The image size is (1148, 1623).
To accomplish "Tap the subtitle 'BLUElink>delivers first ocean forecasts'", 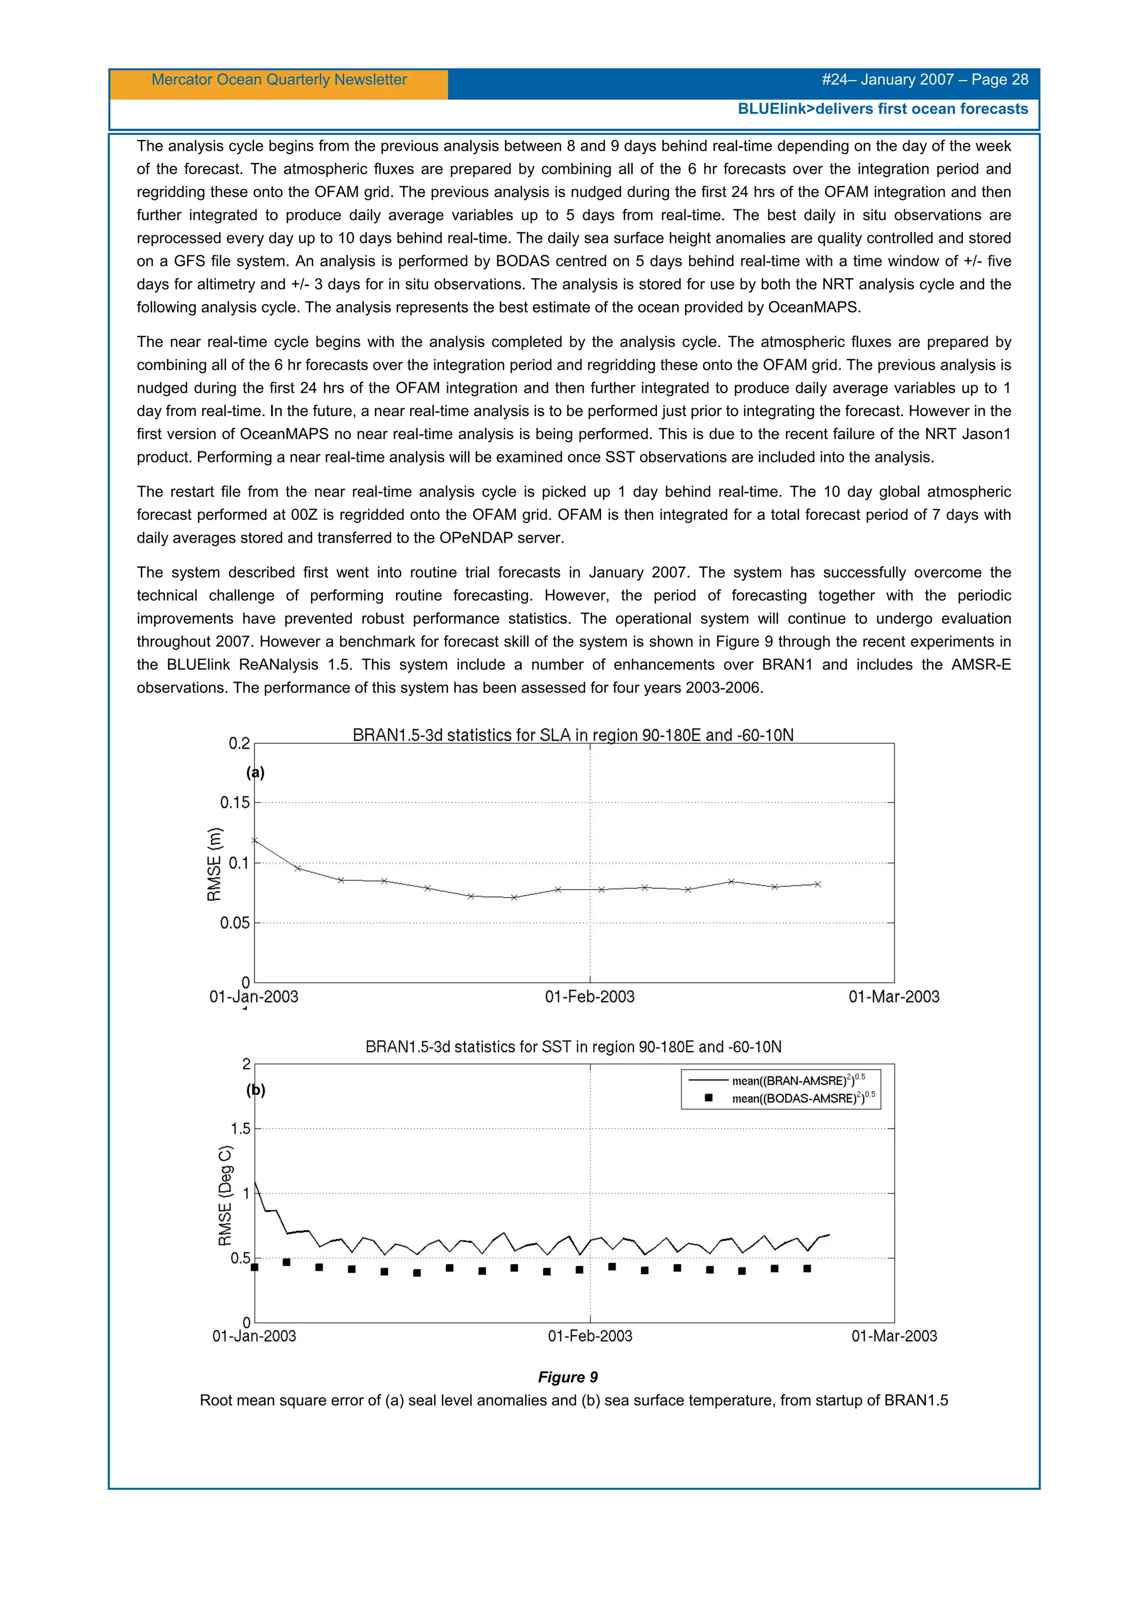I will pos(882,109).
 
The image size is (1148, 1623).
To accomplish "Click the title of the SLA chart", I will pos(572,735).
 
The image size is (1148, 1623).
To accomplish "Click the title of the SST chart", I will pos(573,1047).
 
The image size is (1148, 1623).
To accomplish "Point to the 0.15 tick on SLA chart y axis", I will pos(235,803).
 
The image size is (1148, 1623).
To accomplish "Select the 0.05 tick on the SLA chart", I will pos(235,922).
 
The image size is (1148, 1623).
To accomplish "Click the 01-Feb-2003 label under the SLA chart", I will pos(589,997).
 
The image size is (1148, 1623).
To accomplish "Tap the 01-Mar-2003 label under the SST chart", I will pos(894,1336).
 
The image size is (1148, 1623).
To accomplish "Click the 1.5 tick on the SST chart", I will pos(240,1129).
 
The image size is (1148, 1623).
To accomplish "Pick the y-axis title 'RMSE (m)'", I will pos(214,864).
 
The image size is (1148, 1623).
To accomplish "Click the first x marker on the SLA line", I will pos(254,841).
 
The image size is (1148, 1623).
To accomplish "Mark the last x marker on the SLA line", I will pos(818,884).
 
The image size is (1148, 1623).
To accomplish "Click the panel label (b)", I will pos(256,1090).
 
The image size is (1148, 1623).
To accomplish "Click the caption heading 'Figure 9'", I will pos(567,1377).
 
